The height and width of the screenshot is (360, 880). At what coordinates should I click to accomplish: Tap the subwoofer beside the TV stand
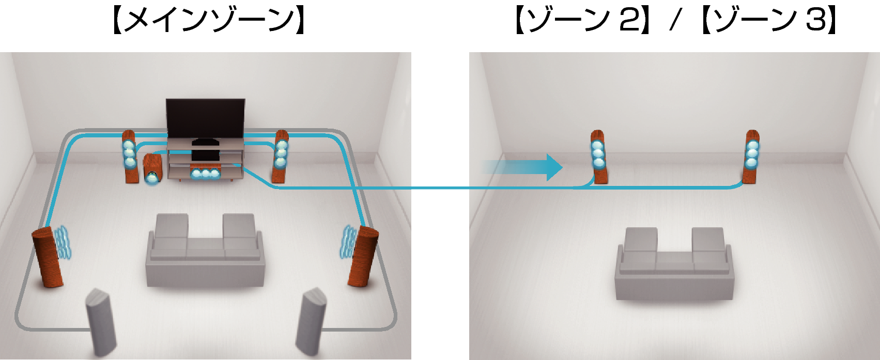(152, 169)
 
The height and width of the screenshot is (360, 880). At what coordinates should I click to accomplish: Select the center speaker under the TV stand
(206, 173)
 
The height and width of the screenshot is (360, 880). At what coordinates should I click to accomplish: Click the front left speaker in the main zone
(130, 156)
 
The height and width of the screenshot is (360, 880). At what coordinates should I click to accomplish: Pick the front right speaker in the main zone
(281, 156)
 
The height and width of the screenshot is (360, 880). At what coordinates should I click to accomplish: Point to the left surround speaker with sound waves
(48, 257)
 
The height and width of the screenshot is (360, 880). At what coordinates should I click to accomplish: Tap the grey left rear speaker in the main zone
(101, 322)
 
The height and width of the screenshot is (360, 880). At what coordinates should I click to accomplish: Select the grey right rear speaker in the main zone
(311, 322)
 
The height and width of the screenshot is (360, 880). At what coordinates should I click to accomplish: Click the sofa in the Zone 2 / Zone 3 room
(674, 264)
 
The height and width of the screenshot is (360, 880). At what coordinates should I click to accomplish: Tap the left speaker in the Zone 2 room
(599, 156)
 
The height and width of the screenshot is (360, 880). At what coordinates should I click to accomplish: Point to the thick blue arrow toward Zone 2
(522, 167)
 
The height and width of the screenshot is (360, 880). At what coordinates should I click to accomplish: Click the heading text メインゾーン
(209, 21)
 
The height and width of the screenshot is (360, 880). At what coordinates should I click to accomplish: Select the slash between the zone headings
(674, 21)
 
